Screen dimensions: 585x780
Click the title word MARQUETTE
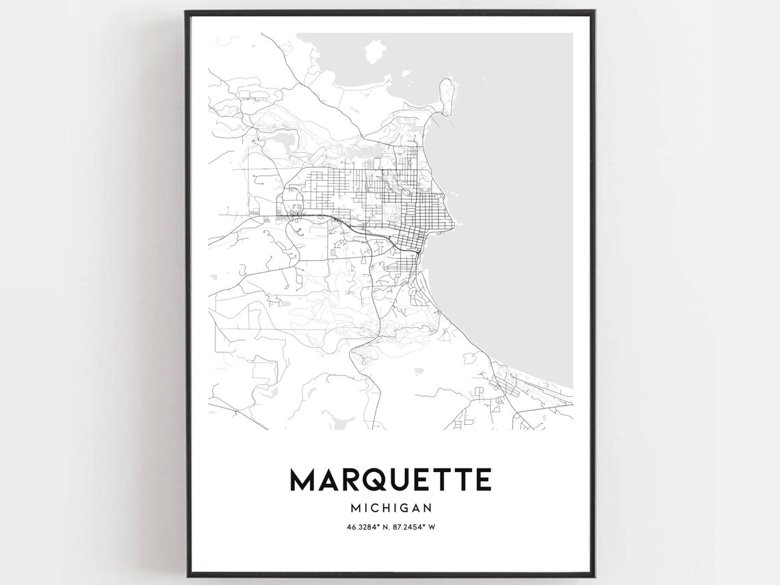[391, 480]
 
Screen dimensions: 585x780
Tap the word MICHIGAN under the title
[391, 508]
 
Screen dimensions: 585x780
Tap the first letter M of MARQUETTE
[302, 480]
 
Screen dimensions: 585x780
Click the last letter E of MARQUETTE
[482, 480]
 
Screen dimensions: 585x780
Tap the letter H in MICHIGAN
[381, 508]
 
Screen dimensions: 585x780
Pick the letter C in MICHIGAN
[369, 508]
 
